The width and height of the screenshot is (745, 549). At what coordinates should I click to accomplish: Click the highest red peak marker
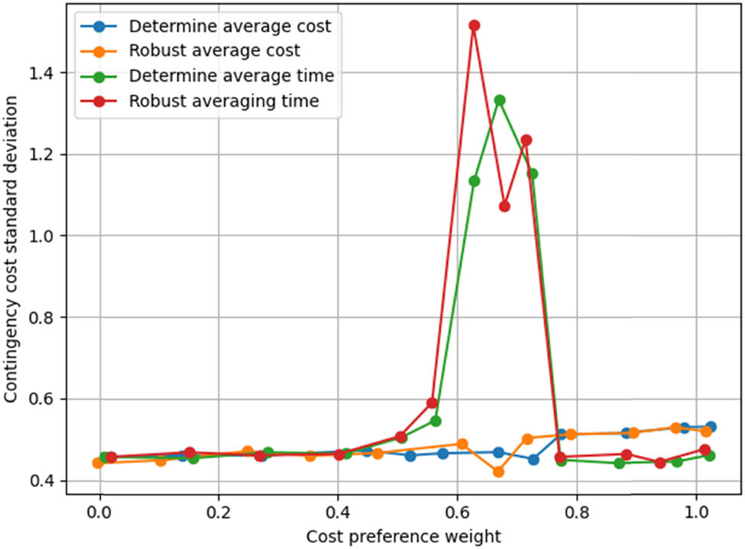475,25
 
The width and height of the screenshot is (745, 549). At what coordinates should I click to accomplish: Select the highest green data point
500,100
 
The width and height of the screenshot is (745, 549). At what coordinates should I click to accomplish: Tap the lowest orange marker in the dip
498,472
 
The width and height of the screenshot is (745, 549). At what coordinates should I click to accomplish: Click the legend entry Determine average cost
229,27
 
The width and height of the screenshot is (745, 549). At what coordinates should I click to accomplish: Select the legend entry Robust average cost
214,51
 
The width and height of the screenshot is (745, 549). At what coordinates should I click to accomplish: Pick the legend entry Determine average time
231,76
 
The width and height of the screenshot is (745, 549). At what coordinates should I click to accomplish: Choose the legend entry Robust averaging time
223,101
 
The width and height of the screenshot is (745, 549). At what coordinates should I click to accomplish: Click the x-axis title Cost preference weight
403,535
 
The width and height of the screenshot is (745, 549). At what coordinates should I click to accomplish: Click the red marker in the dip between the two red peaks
504,206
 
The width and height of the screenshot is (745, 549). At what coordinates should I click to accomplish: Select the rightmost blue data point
711,427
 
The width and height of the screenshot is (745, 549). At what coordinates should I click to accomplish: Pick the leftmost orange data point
98,463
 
